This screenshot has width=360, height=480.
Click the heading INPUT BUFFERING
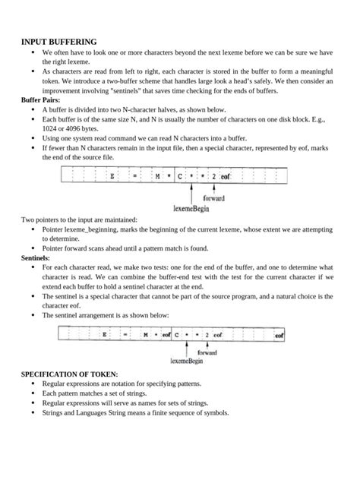(x=58, y=41)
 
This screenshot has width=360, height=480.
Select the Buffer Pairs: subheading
(x=43, y=99)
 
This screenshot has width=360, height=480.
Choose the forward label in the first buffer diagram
(x=213, y=197)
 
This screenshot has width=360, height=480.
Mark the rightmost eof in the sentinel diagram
(x=279, y=334)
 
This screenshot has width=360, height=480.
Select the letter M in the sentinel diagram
(x=145, y=334)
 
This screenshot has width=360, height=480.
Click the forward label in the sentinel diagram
(x=207, y=353)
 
